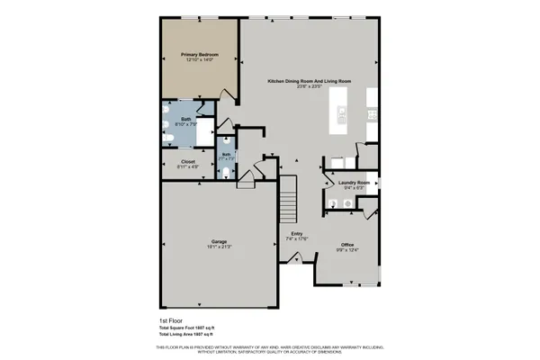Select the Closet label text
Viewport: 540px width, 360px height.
pos(187,162)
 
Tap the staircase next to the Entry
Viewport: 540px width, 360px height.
pos(286,199)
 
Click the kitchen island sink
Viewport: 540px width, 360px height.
pos(342,114)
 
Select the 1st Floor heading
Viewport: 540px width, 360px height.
pos(171,320)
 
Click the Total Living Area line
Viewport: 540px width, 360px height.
pos(196,335)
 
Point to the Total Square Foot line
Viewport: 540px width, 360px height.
pos(195,328)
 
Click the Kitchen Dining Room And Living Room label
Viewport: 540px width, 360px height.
pos(309,82)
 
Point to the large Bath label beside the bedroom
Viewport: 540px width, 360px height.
pos(185,119)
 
